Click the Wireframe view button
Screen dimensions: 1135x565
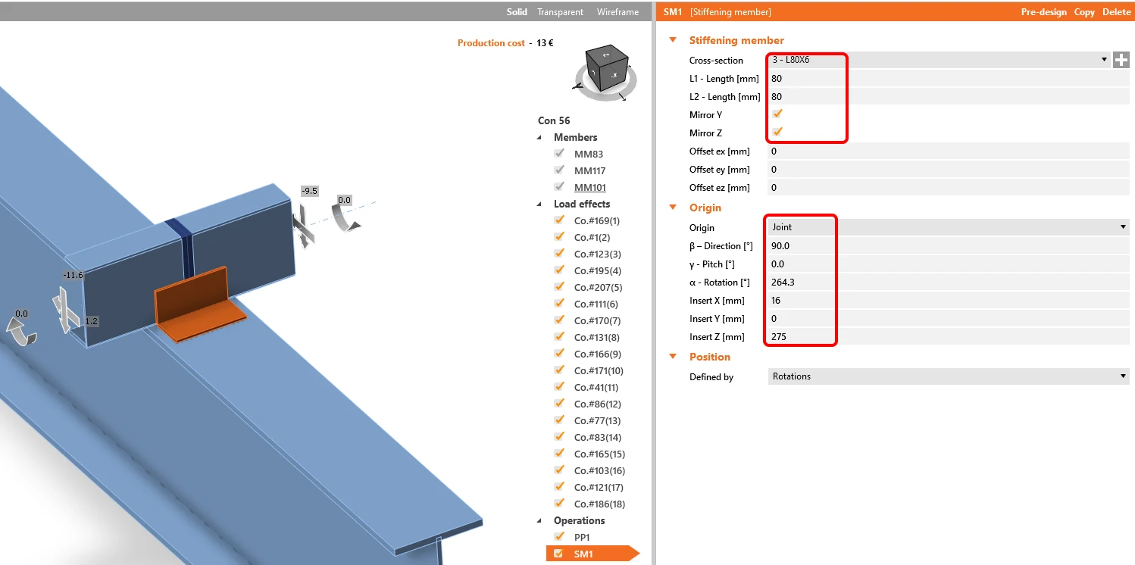tap(618, 11)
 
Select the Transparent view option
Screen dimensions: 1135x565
tap(560, 11)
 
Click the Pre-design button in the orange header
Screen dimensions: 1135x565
tap(1043, 11)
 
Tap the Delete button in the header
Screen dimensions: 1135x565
tap(1116, 11)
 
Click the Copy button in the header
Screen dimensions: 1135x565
tap(1083, 11)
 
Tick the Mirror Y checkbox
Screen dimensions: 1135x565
tap(777, 114)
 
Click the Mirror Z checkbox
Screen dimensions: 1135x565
tap(777, 132)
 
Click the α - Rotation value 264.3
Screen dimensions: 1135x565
tap(783, 282)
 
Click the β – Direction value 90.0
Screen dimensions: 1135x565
tap(780, 245)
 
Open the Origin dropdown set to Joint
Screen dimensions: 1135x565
tap(948, 226)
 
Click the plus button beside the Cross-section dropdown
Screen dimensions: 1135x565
tap(1121, 60)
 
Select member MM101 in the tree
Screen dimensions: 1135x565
tap(589, 187)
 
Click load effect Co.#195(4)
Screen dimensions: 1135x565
tap(598, 270)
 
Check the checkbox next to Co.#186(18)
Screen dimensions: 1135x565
tap(559, 503)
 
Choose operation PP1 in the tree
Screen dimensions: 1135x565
tap(582, 537)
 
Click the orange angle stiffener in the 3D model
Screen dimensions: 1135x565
tap(195, 304)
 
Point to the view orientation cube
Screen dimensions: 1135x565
tap(606, 68)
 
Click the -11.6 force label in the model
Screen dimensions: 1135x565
tap(73, 275)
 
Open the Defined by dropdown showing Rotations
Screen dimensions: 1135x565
tap(948, 376)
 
